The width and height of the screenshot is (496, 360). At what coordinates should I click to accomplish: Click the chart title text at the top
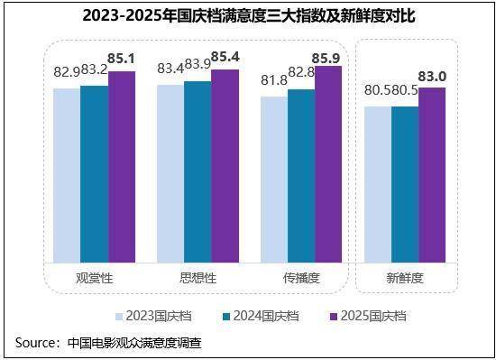click(248, 16)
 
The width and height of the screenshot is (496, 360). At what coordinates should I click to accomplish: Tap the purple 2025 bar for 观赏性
click(121, 166)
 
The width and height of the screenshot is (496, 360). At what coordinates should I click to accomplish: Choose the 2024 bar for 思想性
click(197, 171)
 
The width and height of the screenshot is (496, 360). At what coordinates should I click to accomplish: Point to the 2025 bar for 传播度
click(328, 163)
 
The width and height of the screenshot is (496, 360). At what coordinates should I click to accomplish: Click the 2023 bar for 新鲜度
click(378, 184)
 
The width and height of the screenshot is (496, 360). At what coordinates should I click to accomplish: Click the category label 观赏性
click(94, 278)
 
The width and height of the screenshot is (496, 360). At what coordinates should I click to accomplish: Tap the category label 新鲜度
click(405, 278)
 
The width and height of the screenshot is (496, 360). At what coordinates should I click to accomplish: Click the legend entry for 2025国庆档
click(367, 316)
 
